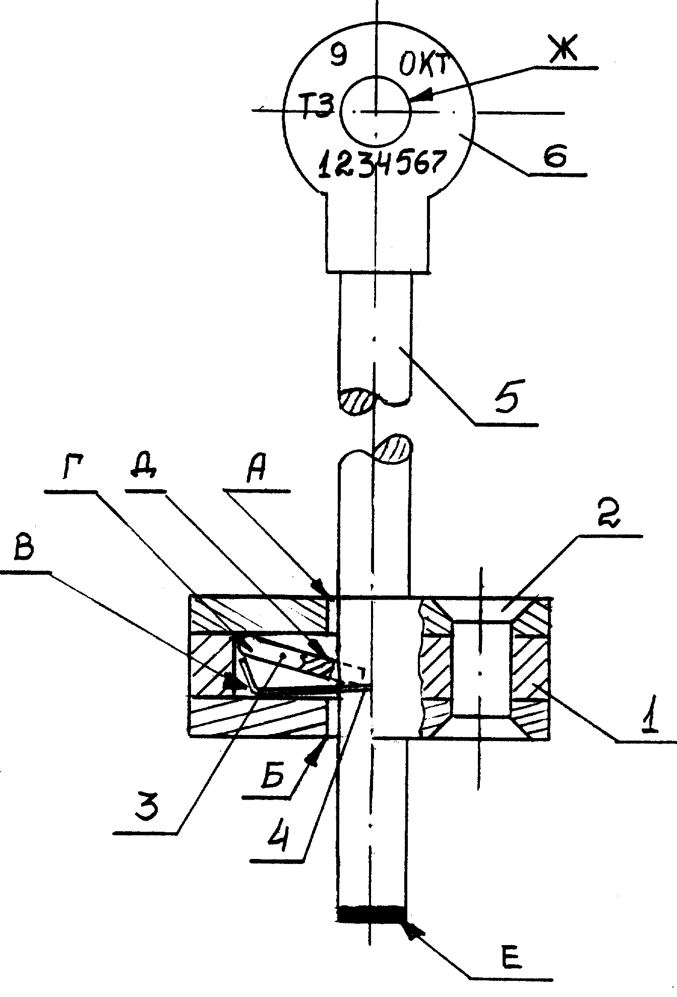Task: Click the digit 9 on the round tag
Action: coord(338,54)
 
